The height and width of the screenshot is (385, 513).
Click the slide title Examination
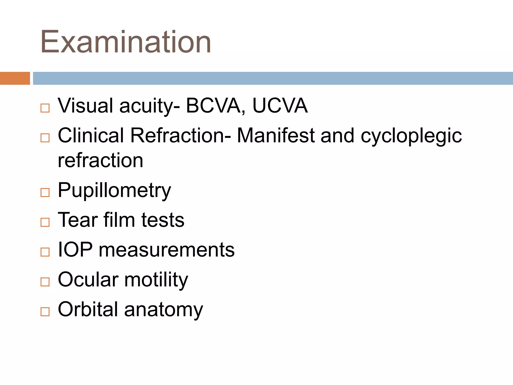(126, 42)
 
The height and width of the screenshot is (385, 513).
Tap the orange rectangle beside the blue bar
(15, 78)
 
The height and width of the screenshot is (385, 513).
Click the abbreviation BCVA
(213, 106)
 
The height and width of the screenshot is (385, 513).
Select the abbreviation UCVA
(280, 106)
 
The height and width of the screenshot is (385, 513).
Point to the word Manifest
(276, 135)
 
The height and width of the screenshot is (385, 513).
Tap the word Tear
(78, 220)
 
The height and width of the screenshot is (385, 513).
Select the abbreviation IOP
(75, 250)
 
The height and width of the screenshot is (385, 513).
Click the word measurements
(167, 250)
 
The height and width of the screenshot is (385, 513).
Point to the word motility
(156, 280)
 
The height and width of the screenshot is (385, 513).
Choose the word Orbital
(88, 309)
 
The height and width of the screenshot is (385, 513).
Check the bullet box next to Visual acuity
(45, 108)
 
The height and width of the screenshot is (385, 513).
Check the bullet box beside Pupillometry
(45, 192)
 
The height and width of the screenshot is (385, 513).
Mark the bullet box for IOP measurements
(45, 252)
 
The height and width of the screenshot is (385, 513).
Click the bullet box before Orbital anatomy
(45, 312)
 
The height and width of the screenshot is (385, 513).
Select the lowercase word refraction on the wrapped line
(100, 160)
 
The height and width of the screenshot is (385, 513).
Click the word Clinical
(91, 135)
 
